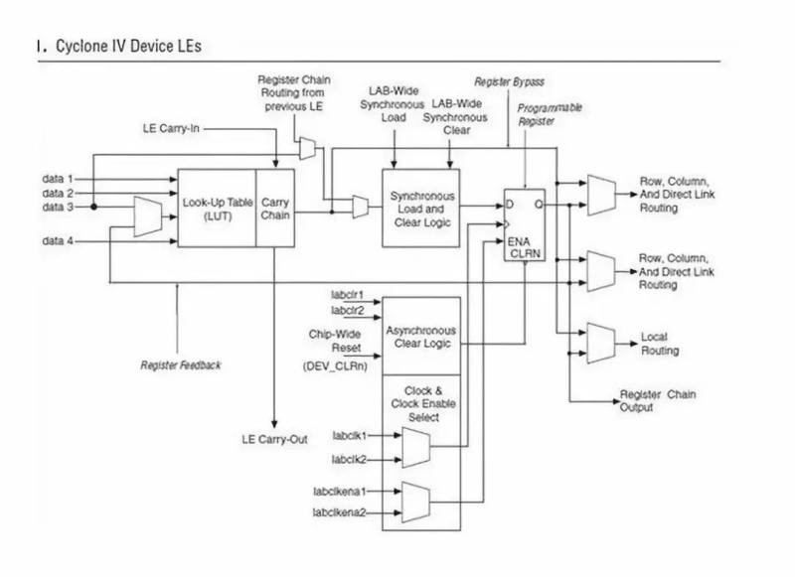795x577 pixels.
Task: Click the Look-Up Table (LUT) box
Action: pyautogui.click(x=216, y=208)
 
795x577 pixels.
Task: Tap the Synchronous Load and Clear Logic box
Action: pyautogui.click(x=421, y=209)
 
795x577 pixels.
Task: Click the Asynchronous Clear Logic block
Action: pyautogui.click(x=421, y=337)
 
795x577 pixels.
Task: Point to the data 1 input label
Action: pyautogui.click(x=58, y=179)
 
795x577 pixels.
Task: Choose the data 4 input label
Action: pyautogui.click(x=58, y=241)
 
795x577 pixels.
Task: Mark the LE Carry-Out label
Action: pyautogui.click(x=275, y=438)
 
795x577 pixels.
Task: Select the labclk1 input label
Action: pyautogui.click(x=350, y=436)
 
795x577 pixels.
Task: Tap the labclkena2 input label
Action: pyautogui.click(x=340, y=511)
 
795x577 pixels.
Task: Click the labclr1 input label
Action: pyautogui.click(x=348, y=295)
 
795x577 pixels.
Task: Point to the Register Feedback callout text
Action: pyautogui.click(x=181, y=365)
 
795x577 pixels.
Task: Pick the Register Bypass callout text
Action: pyautogui.click(x=509, y=81)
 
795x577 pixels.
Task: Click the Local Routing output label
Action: pyautogui.click(x=660, y=344)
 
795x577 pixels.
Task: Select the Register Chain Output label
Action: pyautogui.click(x=657, y=400)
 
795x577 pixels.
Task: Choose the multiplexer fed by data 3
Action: pyautogui.click(x=147, y=216)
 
